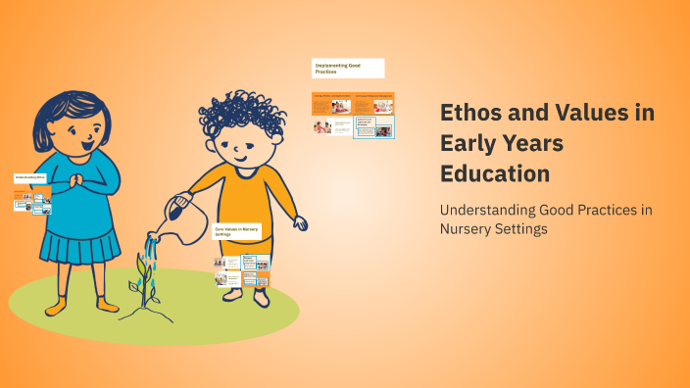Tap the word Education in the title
[494, 172]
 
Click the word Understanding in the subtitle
[486, 210]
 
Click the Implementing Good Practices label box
[348, 69]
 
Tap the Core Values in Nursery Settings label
[238, 232]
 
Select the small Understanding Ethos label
[31, 177]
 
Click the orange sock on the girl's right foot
[55, 306]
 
